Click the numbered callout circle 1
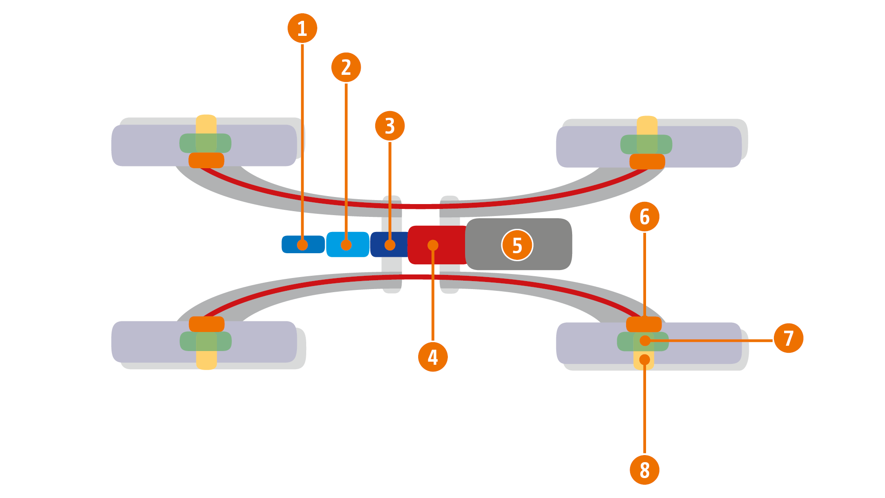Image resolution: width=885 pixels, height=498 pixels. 302,28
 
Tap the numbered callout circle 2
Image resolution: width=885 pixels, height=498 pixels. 346,67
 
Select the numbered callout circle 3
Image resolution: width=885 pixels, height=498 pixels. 390,126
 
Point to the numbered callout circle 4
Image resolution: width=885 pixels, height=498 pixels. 433,357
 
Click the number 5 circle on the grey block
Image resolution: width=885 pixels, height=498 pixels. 517,245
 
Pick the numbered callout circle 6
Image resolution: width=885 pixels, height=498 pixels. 644,216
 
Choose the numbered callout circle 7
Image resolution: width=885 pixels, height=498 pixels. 789,338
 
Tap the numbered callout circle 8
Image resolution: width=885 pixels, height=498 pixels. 644,470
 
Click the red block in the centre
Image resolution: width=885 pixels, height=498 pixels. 447,245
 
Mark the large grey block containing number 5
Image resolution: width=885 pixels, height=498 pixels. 549,244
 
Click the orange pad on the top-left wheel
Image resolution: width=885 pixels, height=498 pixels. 206,160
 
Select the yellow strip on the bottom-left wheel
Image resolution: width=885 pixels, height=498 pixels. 206,360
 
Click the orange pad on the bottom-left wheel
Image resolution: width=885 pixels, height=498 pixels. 207,324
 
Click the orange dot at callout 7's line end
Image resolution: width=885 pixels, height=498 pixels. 645,340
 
